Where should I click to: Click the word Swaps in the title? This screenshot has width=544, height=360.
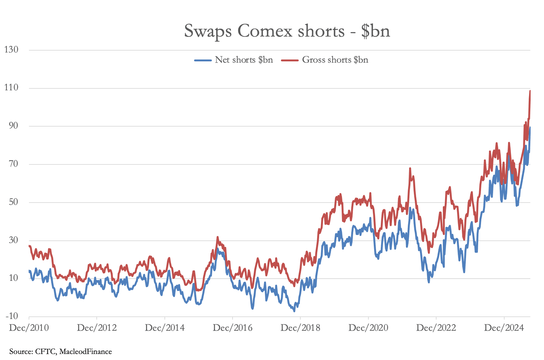207,31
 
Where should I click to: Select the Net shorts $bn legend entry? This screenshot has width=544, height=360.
243,60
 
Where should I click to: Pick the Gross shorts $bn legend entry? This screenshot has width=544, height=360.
335,60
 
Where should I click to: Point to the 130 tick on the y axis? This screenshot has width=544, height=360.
11,50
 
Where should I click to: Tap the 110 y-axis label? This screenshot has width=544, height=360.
11,88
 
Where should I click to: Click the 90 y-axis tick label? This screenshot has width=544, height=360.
13,126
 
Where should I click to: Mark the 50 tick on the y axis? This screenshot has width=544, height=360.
13,202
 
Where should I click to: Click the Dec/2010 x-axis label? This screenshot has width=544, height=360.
29,328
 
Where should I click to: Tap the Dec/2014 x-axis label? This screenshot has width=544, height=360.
164,328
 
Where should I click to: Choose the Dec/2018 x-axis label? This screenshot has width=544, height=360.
300,328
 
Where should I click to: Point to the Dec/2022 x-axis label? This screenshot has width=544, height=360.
436,328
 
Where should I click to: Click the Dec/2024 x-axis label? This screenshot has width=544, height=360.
504,328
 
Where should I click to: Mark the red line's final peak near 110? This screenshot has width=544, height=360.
530,91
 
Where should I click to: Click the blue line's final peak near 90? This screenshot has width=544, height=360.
530,128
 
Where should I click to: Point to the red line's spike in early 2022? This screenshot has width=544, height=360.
410,168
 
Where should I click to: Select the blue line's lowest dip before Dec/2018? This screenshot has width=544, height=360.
294,311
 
